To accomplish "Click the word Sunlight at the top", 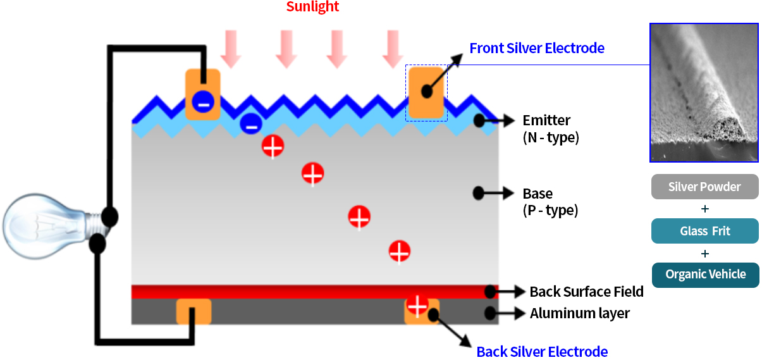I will (x=312, y=7).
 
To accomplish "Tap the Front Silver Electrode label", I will (x=536, y=48).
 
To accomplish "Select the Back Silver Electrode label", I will (x=542, y=352).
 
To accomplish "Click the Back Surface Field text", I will (x=586, y=292).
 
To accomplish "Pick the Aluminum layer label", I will (x=579, y=313).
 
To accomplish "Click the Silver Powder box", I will (x=704, y=187).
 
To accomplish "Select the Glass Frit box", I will (x=704, y=231).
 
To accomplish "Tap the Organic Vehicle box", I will (x=705, y=275).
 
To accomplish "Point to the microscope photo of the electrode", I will (x=704, y=92).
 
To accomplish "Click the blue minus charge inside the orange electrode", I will (x=202, y=101).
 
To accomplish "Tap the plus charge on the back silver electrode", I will (x=417, y=305).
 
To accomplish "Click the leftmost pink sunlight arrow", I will (x=231, y=49).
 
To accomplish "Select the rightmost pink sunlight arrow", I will (x=393, y=49).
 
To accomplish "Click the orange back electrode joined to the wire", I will (x=194, y=312).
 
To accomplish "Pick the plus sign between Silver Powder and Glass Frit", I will (x=705, y=209).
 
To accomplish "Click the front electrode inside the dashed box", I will (x=426, y=94).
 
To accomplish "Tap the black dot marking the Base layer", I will (x=479, y=193).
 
